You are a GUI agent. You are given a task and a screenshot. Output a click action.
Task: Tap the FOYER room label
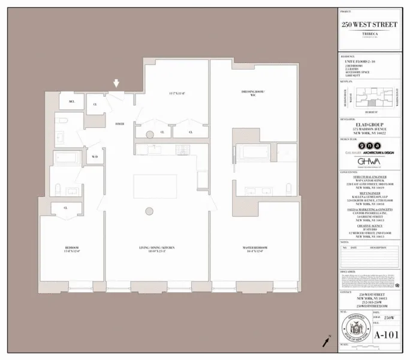click(x=120, y=124)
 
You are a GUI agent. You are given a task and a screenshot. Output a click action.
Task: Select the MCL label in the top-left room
click(x=71, y=103)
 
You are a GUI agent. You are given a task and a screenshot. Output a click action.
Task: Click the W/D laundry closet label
click(x=95, y=157)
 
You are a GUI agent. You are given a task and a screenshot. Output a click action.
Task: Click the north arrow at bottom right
click(x=327, y=341)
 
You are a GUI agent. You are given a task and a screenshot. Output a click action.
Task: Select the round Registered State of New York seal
click(x=353, y=329)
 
